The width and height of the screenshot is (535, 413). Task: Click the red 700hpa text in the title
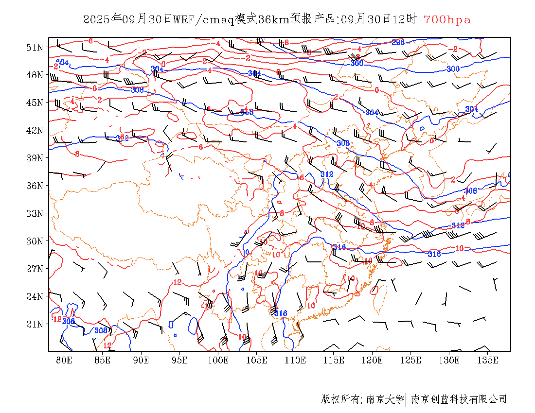pos(447,19)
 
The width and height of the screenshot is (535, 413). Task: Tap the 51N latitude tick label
pos(35,47)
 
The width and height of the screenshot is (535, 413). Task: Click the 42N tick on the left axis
pos(35,130)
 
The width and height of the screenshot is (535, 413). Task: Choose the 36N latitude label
pos(35,186)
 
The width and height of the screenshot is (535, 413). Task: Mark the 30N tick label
pos(35,241)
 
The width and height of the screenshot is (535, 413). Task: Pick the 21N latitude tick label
pos(35,324)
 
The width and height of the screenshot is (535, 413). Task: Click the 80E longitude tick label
pos(64,360)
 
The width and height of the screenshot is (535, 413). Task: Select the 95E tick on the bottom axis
pos(179,360)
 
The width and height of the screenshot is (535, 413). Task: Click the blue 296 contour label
pos(398,43)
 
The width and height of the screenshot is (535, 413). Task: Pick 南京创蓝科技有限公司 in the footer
pos(459,399)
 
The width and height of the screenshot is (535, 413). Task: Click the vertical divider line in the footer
pos(406,399)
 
